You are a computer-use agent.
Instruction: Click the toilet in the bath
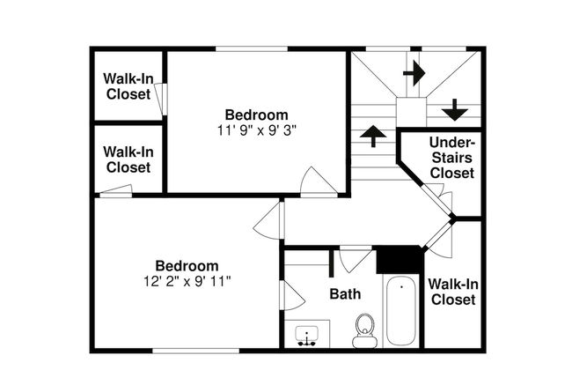[x=365, y=331]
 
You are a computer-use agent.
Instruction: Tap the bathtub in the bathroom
[x=401, y=310]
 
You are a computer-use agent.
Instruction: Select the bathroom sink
[x=307, y=336]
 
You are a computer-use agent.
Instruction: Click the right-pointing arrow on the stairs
[x=414, y=73]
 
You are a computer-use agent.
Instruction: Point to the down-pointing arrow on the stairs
[x=455, y=109]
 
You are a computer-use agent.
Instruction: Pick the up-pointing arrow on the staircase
[x=373, y=136]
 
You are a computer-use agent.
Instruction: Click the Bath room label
[x=345, y=293]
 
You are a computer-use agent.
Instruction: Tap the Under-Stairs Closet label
[x=452, y=158]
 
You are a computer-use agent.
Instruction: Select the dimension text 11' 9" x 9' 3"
[x=257, y=130]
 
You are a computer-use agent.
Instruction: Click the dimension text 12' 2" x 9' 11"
[x=187, y=281]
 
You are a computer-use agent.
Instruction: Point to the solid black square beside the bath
[x=400, y=260]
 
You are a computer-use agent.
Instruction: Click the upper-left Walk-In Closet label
[x=128, y=86]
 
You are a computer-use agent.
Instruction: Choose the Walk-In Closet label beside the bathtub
[x=453, y=292]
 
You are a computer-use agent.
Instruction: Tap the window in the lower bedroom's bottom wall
[x=195, y=351]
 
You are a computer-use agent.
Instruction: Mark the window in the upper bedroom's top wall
[x=252, y=48]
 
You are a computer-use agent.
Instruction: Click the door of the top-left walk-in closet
[x=160, y=100]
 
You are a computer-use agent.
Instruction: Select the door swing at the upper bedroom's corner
[x=319, y=181]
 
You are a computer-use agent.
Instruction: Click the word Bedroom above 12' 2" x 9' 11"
[x=187, y=265]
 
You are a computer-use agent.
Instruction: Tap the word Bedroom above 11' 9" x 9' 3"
[x=257, y=115]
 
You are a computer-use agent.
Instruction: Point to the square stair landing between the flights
[x=411, y=112]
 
